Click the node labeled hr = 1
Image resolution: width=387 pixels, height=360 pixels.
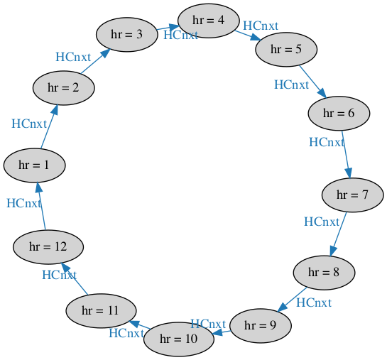[34, 165]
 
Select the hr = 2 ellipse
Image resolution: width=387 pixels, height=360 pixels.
[64, 88]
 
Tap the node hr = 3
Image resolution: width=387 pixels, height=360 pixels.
[127, 35]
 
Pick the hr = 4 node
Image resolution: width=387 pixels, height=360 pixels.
[209, 21]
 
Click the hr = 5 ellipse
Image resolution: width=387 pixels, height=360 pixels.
[286, 49]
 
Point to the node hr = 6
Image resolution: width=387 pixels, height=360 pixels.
[339, 114]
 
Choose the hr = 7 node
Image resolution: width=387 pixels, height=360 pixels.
[353, 195]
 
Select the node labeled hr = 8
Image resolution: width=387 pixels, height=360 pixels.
[324, 273]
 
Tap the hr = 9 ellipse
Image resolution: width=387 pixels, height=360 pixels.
[261, 326]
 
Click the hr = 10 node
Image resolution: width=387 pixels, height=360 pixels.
[179, 339]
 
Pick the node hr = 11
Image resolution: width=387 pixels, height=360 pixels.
[101, 311]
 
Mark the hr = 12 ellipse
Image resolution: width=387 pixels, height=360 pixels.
[48, 247]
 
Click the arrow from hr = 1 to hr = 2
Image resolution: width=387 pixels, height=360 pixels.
[50, 126]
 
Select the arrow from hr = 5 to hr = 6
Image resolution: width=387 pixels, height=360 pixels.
[313, 82]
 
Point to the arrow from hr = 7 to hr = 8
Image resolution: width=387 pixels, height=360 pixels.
[339, 234]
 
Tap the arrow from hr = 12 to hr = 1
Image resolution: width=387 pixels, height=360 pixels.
[41, 206]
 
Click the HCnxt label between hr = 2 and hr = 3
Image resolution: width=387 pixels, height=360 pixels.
[73, 58]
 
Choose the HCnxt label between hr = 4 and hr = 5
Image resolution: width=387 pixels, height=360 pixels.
[261, 26]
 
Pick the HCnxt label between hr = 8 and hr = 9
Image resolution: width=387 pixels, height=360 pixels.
[314, 303]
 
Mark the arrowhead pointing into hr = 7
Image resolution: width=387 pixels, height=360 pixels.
[349, 173]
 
